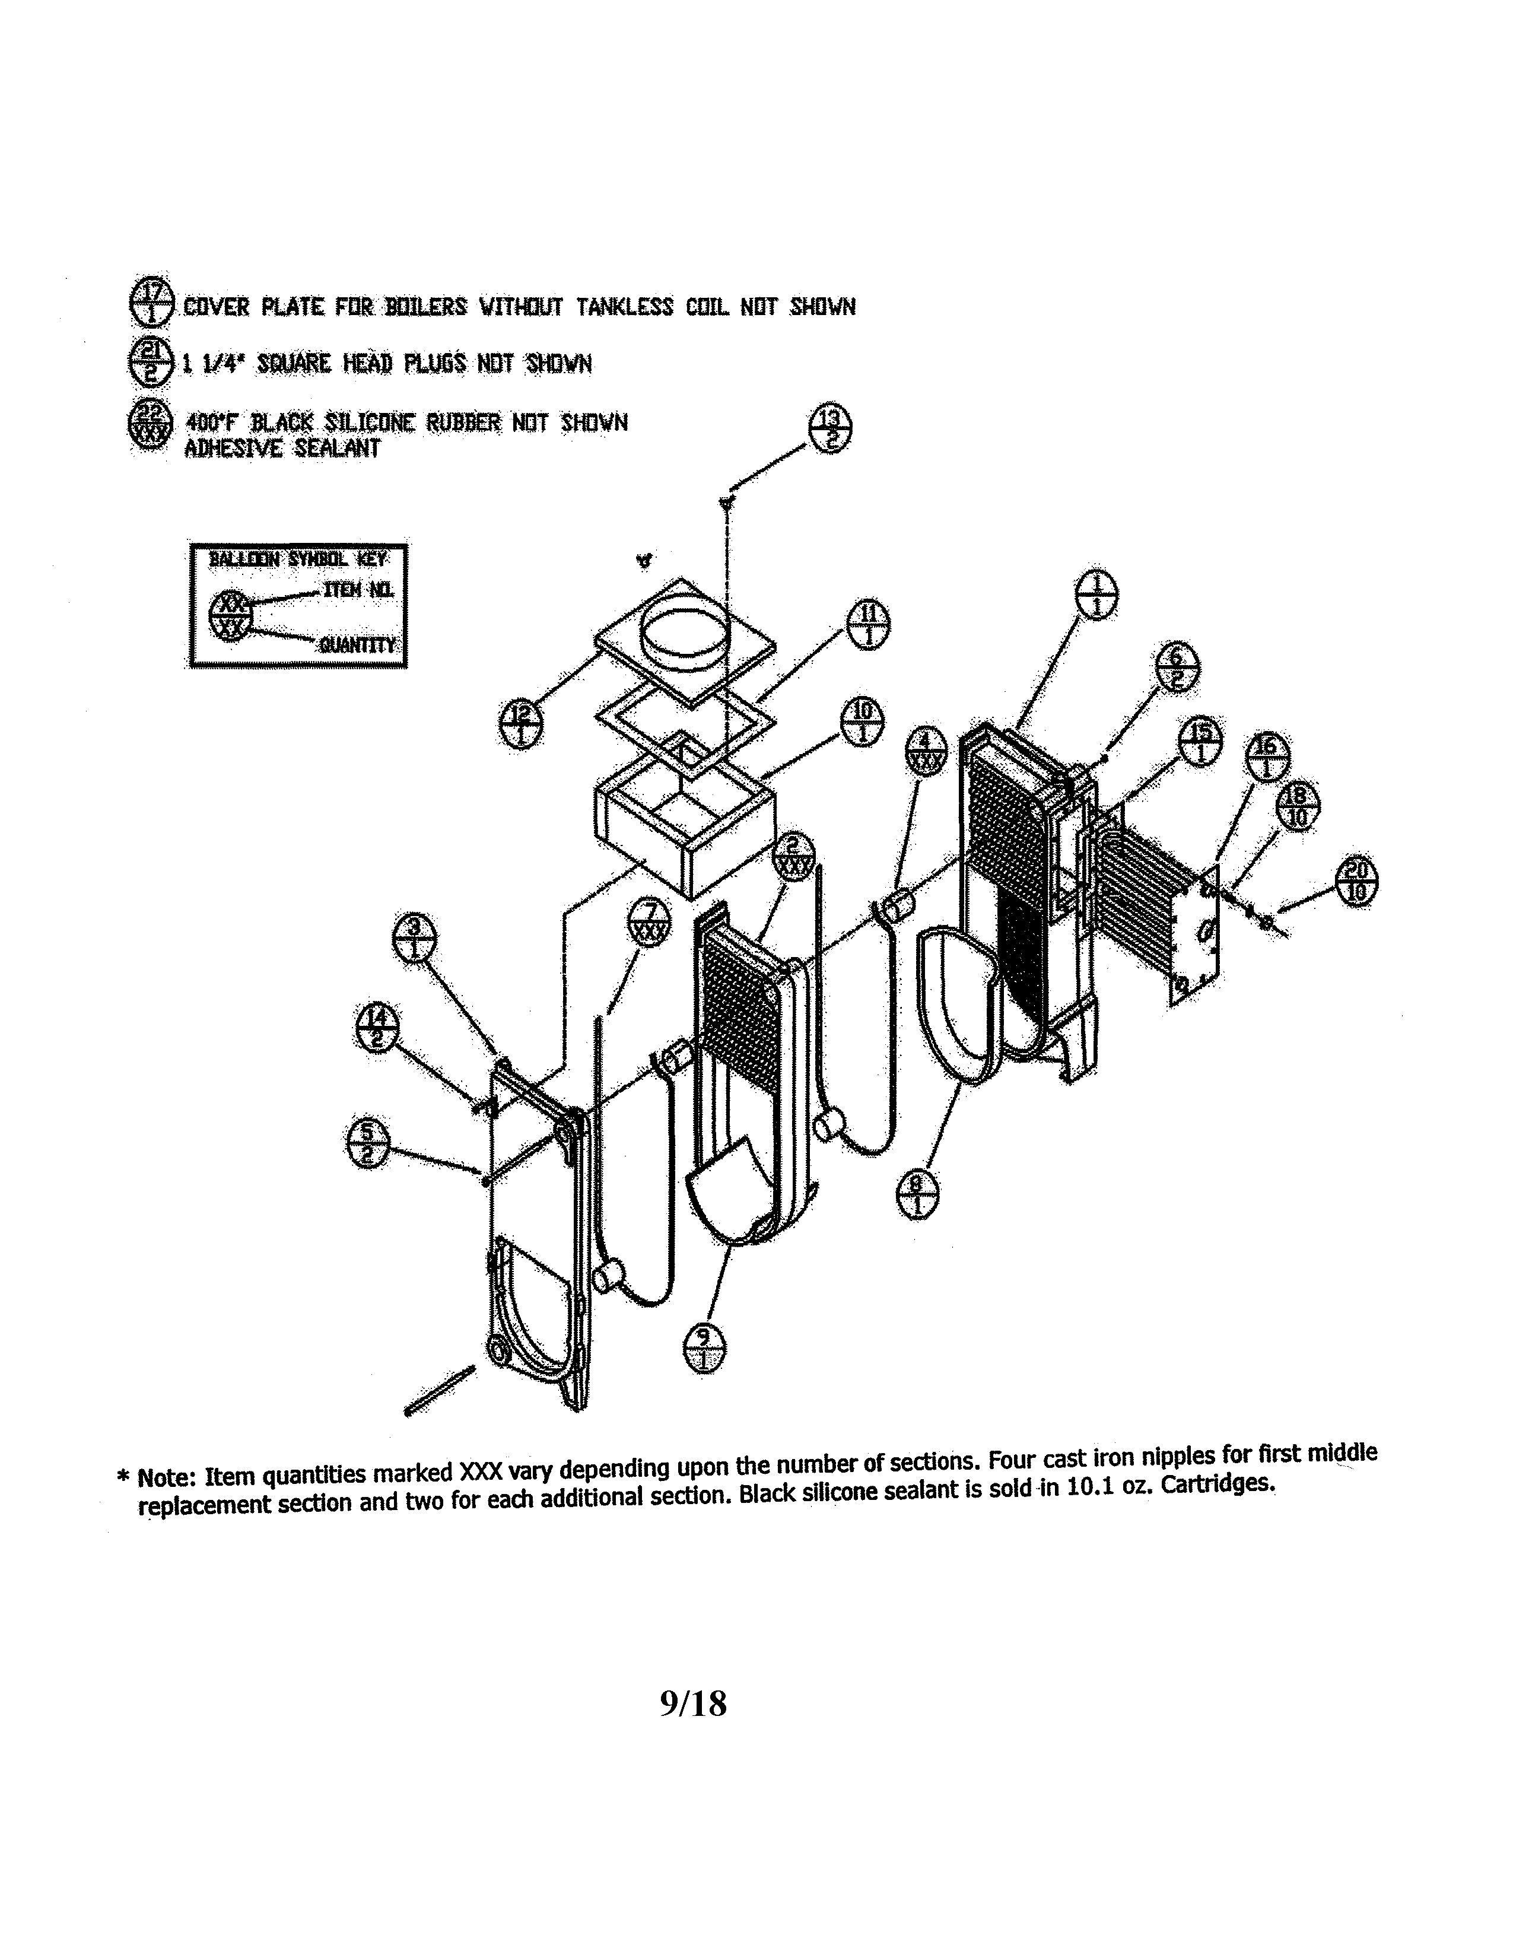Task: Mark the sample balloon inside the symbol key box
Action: pos(230,616)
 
